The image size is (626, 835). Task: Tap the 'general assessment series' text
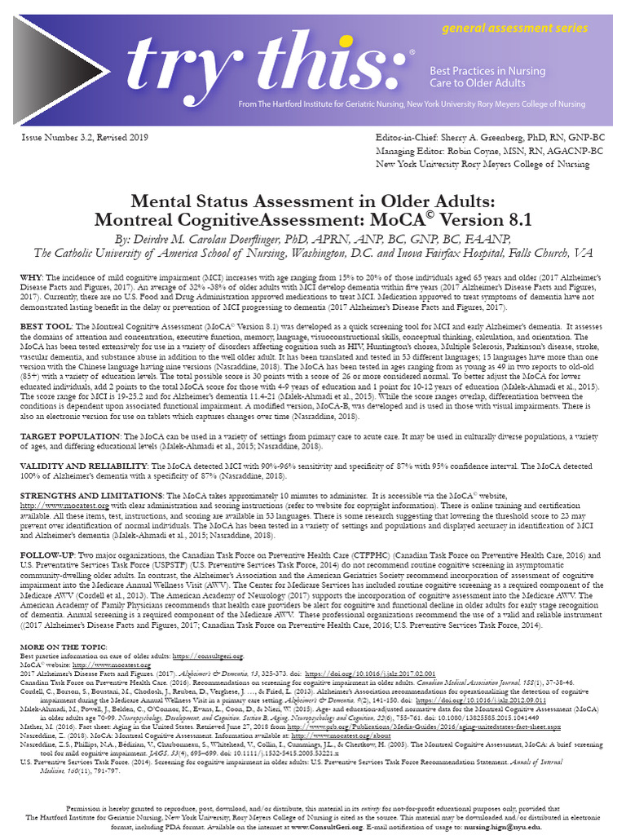[x=514, y=28]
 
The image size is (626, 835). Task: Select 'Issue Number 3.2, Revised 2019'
[x=85, y=138]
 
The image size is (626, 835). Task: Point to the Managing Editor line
[x=489, y=151]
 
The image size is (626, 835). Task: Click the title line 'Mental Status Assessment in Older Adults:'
[x=313, y=201]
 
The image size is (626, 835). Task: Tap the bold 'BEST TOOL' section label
[x=47, y=326]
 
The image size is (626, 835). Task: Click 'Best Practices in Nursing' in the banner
[x=487, y=72]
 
